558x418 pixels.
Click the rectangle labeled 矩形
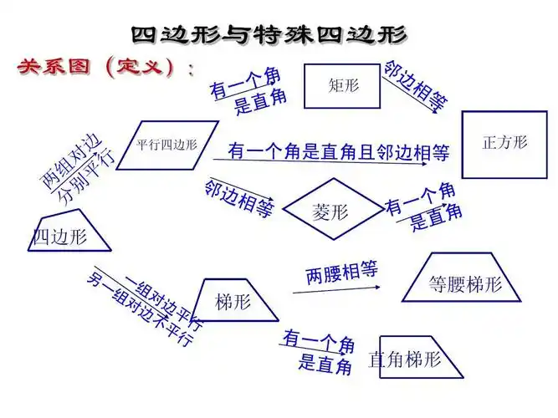point(341,85)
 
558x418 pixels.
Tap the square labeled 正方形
point(504,143)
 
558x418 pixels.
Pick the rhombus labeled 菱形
point(330,210)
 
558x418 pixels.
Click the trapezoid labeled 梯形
point(234,301)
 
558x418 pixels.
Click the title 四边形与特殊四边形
point(269,34)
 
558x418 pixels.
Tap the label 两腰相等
point(341,273)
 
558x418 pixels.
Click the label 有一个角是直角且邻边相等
point(339,151)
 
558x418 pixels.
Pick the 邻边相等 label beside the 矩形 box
point(416,85)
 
